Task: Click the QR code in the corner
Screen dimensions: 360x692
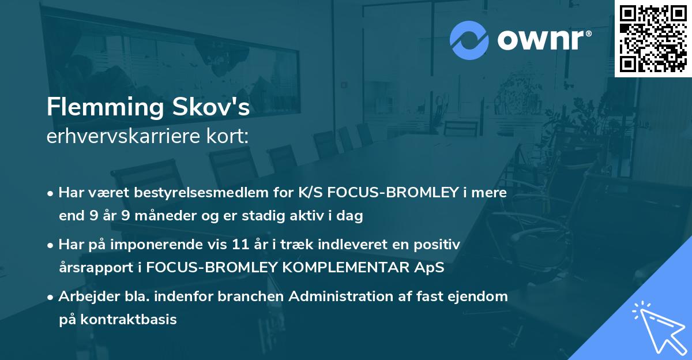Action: [653, 38]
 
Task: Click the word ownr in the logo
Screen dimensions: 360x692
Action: [543, 40]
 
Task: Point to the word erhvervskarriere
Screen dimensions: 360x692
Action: [113, 137]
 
